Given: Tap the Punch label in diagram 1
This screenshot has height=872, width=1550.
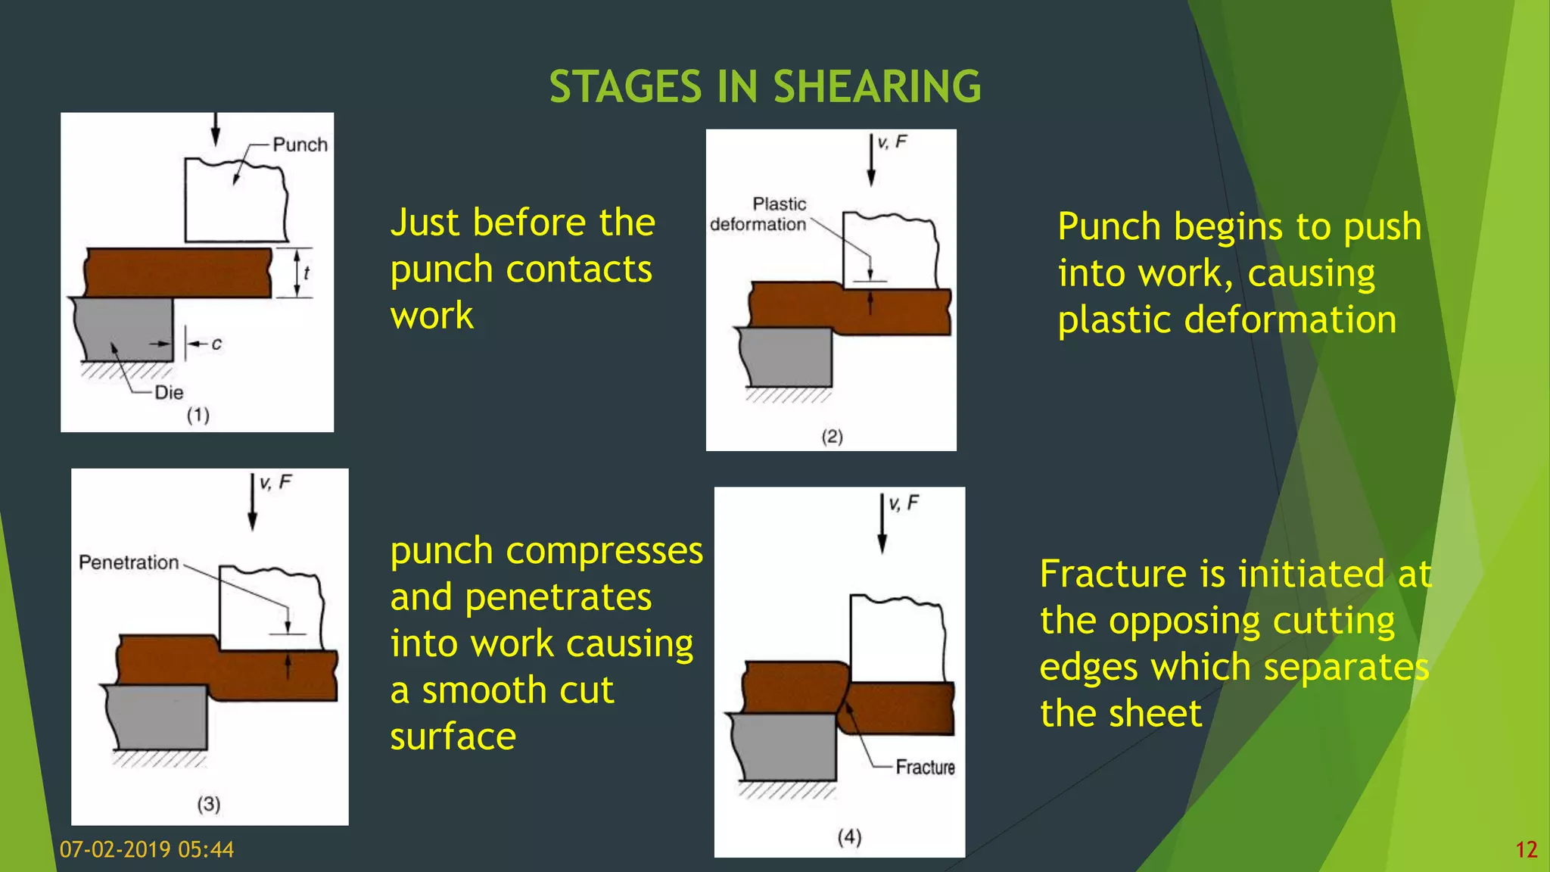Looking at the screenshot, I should tap(300, 145).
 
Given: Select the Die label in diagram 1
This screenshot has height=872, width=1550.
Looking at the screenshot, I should tap(169, 392).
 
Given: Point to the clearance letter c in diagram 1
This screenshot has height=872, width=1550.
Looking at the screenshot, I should tap(216, 344).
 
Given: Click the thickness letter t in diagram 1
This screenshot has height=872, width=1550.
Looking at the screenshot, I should tap(307, 272).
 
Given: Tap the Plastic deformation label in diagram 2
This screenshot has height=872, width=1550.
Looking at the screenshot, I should tap(759, 214).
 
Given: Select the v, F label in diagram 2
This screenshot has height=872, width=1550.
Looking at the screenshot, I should tap(892, 142).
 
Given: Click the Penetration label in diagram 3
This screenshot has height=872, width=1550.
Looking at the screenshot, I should tap(129, 562).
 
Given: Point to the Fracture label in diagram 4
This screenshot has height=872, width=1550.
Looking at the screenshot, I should tap(925, 767).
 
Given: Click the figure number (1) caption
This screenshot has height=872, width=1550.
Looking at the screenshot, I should tap(198, 415).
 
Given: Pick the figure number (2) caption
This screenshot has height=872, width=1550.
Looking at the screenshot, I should tap(832, 436).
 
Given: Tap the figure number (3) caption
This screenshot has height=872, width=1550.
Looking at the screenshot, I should tap(209, 804).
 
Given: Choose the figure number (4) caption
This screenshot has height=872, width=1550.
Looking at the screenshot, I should tap(849, 836).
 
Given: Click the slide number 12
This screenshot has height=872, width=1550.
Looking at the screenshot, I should tap(1527, 849).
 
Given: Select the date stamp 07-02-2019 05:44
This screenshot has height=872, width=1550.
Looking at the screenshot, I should tap(147, 849).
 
